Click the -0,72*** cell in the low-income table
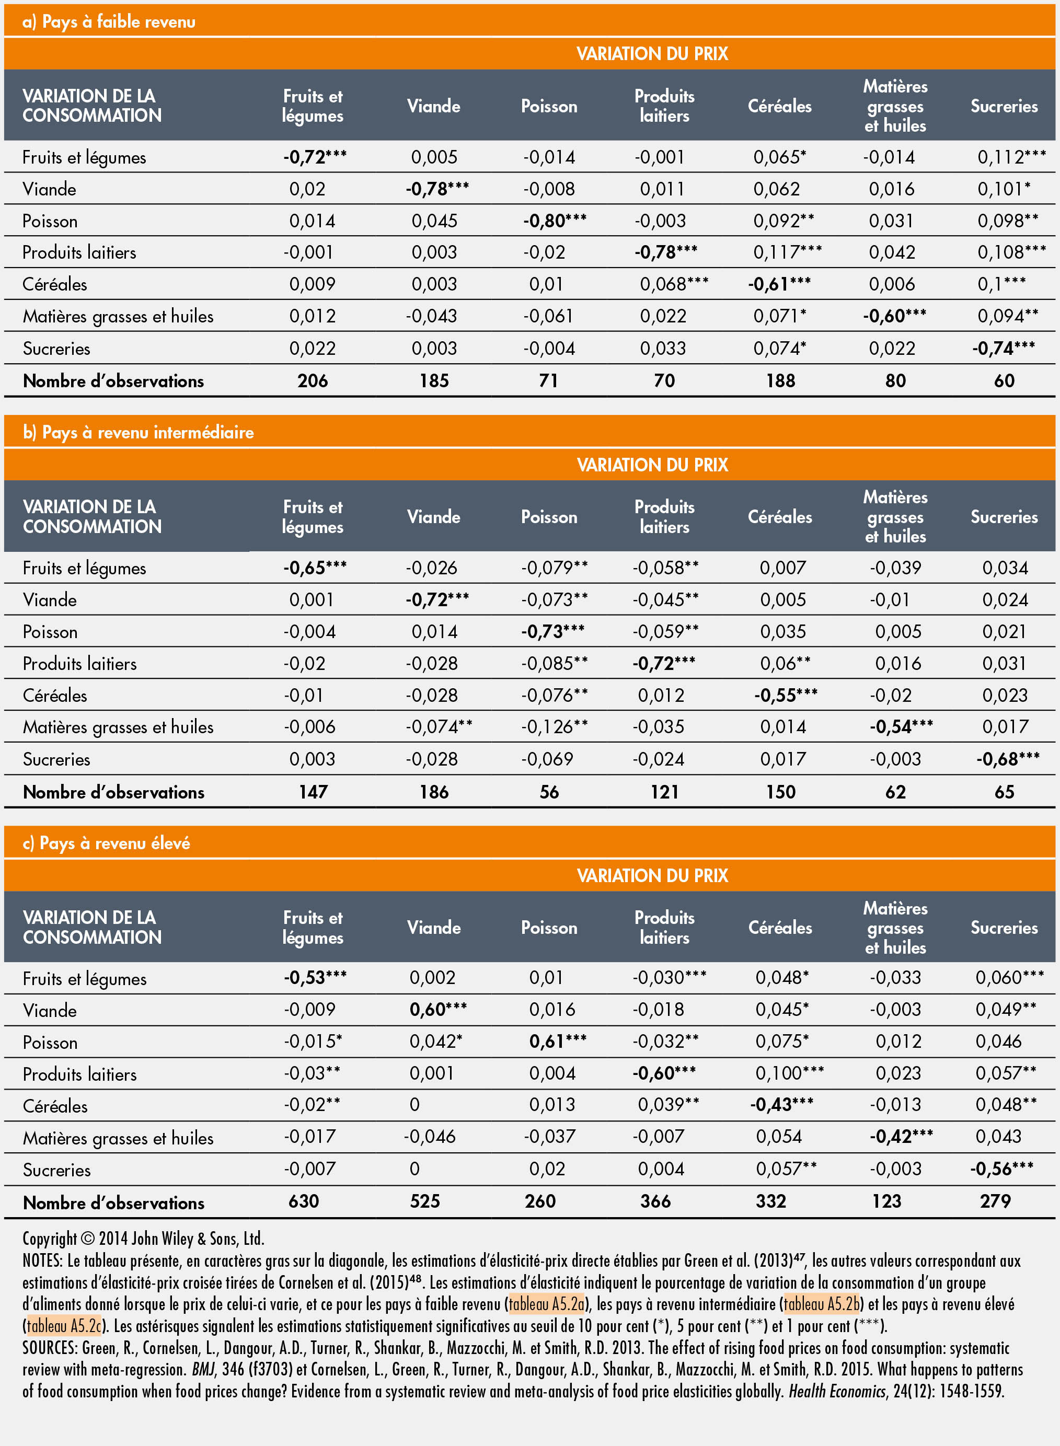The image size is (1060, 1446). pyautogui.click(x=315, y=157)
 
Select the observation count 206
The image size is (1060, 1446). pyautogui.click(x=313, y=380)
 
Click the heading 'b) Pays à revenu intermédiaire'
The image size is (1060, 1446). pyautogui.click(x=138, y=432)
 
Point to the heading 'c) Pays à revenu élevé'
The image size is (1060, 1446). pyautogui.click(x=107, y=843)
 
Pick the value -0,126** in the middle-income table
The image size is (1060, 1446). pyautogui.click(x=554, y=726)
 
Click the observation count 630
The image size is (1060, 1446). pyautogui.click(x=304, y=1201)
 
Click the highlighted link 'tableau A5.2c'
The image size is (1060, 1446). pyautogui.click(x=64, y=1325)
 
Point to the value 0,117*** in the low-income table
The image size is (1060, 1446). pyautogui.click(x=787, y=252)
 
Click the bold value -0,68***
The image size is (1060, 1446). pyautogui.click(x=1007, y=759)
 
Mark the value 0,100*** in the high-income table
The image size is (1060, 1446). pyautogui.click(x=789, y=1073)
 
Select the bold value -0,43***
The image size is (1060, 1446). pyautogui.click(x=781, y=1104)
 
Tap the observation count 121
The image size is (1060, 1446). pyautogui.click(x=664, y=792)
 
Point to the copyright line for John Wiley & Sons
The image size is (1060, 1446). pyautogui.click(x=143, y=1238)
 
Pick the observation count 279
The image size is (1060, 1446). pyautogui.click(x=995, y=1201)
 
